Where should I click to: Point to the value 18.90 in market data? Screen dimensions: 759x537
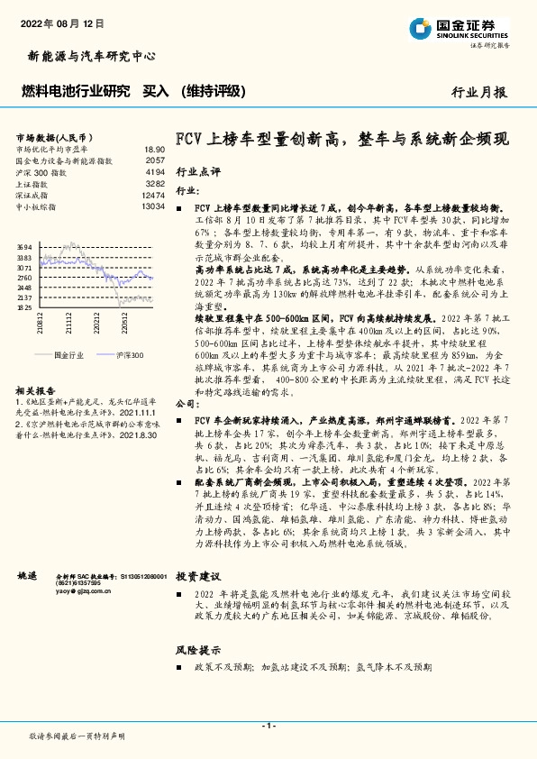pos(154,150)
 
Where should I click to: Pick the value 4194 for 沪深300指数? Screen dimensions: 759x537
pos(154,171)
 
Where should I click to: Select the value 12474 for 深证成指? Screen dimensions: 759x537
pos(152,195)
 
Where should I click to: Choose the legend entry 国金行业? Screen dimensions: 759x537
pos(67,356)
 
